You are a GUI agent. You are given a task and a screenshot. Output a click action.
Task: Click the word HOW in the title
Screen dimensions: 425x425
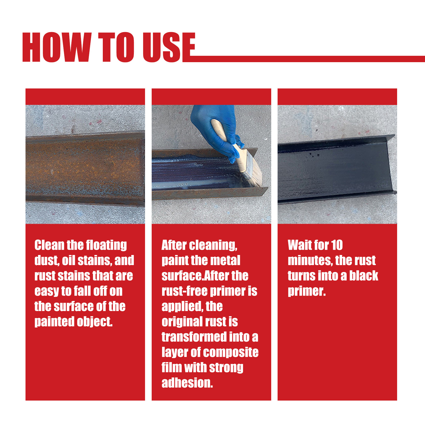pyautogui.click(x=57, y=47)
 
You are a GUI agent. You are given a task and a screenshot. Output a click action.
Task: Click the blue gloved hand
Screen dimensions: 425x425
pyautogui.click(x=215, y=127)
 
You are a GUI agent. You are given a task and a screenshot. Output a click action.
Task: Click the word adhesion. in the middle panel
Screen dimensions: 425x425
pyautogui.click(x=187, y=383)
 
